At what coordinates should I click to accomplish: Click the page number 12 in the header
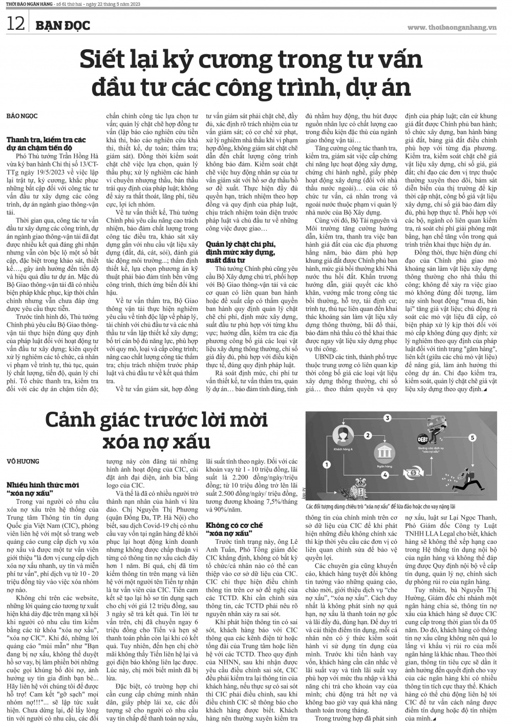[15, 24]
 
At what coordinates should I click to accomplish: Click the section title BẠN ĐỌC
[59, 25]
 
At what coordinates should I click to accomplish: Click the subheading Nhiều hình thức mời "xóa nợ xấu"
[42, 487]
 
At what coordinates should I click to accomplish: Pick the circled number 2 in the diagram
[368, 435]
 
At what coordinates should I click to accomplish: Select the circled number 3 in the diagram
[388, 419]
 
